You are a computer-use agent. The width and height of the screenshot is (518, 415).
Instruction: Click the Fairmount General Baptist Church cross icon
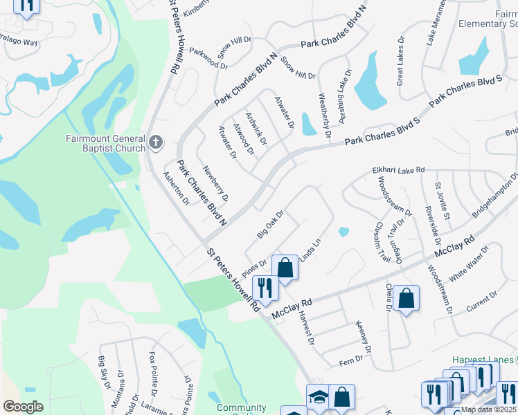156,143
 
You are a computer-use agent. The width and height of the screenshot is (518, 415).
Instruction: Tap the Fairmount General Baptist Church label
105,143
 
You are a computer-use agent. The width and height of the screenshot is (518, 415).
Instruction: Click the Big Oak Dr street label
271,225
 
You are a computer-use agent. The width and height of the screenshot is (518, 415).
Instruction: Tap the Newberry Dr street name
215,184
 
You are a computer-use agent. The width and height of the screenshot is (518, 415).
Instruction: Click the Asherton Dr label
176,188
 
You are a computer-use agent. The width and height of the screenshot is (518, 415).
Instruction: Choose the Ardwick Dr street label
256,129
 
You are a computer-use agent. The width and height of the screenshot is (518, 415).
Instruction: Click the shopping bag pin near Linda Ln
285,267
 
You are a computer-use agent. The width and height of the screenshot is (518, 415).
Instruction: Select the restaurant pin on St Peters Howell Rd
265,286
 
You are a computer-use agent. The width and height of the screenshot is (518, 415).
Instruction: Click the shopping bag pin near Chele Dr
408,299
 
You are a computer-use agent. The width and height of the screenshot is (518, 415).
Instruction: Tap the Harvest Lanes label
483,360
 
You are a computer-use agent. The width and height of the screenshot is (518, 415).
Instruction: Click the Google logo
23,407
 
